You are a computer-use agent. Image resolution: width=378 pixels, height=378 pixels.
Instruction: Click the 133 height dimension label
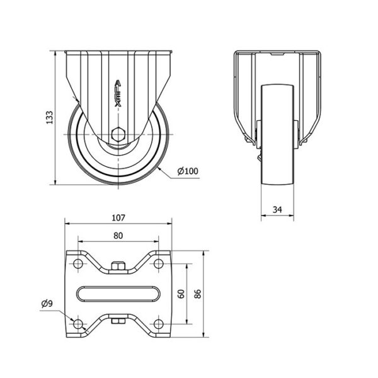click(49, 118)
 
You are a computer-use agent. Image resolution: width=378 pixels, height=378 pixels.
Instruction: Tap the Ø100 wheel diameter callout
click(188, 171)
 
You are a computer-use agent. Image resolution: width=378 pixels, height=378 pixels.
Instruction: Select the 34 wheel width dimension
click(277, 210)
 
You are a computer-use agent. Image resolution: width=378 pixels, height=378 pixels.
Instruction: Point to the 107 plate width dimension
click(118, 218)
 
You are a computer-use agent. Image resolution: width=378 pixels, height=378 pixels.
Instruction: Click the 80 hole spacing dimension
click(118, 236)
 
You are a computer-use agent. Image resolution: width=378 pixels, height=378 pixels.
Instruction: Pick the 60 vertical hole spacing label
click(181, 294)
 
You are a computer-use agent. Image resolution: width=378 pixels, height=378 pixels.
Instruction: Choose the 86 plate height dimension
click(198, 294)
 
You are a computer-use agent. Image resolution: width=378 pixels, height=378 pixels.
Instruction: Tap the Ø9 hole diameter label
click(47, 304)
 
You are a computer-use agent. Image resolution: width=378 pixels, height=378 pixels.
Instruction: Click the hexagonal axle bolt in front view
click(118, 134)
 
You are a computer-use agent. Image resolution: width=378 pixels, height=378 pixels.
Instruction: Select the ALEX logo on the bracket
click(118, 93)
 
